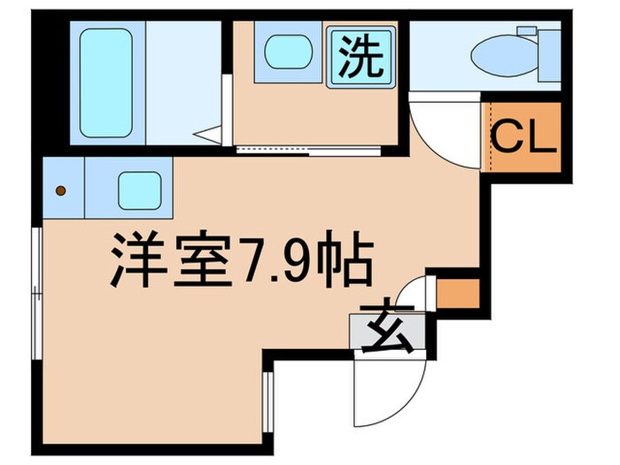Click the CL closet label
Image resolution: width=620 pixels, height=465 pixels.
(523, 138)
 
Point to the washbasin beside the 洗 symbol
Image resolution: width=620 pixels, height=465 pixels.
(284, 50)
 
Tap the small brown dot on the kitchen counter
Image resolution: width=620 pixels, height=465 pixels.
(61, 190)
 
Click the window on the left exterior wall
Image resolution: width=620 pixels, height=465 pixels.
(36, 292)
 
